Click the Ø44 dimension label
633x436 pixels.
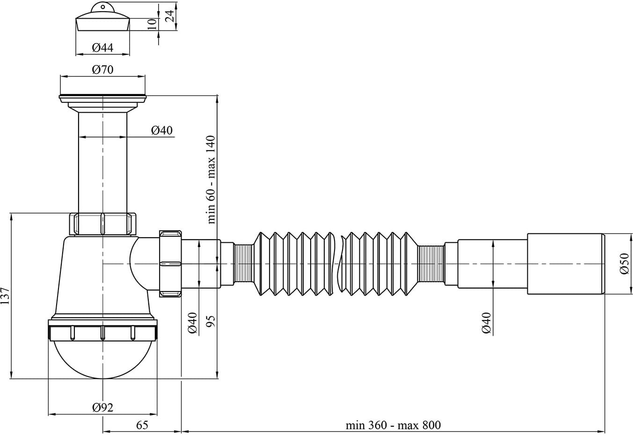[102, 47]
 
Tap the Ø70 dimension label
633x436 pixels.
[102, 70]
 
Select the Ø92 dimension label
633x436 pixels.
[102, 407]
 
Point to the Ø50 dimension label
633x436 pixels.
[624, 264]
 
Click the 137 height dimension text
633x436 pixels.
[5, 296]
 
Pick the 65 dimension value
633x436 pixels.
[142, 425]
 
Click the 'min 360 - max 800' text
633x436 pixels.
[393, 425]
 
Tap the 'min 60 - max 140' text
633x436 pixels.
[211, 180]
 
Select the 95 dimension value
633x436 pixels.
[211, 321]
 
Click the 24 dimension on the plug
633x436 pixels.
[170, 16]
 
